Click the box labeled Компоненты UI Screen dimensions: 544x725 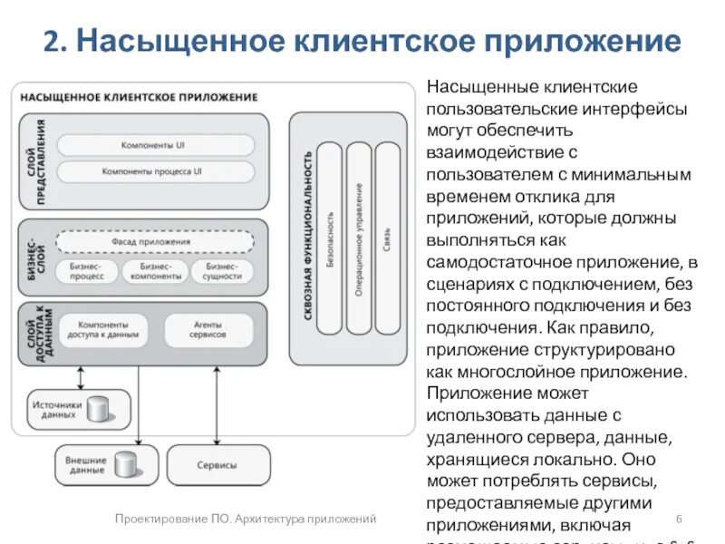point(155,145)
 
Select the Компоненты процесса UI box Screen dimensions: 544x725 point(155,171)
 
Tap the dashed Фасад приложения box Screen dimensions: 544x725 point(155,242)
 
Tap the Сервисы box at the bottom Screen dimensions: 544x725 point(217,465)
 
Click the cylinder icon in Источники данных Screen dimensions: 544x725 point(98,410)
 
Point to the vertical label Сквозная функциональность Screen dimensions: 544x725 point(308,236)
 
